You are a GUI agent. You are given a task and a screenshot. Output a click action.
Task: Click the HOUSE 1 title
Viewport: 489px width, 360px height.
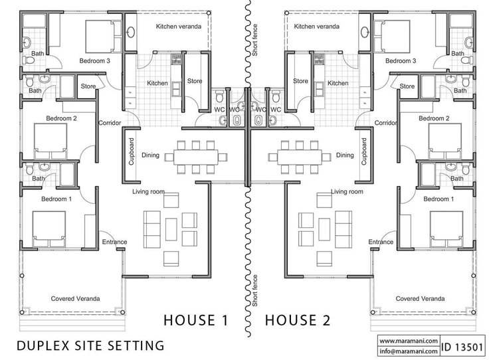(x=196, y=320)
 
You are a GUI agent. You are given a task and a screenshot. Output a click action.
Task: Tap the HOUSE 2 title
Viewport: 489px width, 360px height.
(x=298, y=320)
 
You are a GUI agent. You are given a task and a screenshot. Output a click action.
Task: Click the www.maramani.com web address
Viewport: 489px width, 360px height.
(x=409, y=341)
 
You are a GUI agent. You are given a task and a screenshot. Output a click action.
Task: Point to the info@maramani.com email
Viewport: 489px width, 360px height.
(x=409, y=351)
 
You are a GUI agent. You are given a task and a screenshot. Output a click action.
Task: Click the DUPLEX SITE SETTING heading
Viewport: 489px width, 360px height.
(x=90, y=345)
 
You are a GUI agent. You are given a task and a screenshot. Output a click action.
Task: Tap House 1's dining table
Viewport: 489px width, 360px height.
(x=196, y=157)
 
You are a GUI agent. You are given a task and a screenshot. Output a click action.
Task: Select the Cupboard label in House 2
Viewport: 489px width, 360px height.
(x=363, y=151)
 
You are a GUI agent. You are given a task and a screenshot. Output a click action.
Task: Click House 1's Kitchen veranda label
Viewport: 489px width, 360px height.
(x=179, y=27)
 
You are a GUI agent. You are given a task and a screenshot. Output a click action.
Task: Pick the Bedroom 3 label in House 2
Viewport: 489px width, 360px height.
(x=401, y=61)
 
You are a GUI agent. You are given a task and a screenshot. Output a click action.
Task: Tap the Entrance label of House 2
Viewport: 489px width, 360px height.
(x=381, y=242)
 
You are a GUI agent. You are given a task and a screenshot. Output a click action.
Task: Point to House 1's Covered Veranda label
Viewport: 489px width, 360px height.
(x=76, y=299)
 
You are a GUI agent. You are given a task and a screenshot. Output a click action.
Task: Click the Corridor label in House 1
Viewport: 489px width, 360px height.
(x=110, y=123)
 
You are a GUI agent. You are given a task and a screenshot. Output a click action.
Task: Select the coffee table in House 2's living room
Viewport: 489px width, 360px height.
(x=324, y=229)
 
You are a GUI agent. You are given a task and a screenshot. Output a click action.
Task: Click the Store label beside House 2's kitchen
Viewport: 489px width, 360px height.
(x=300, y=81)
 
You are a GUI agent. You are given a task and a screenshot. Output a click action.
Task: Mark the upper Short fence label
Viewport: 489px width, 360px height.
(x=255, y=40)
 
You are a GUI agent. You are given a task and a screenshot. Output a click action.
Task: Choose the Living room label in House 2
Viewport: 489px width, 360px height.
(x=347, y=192)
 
